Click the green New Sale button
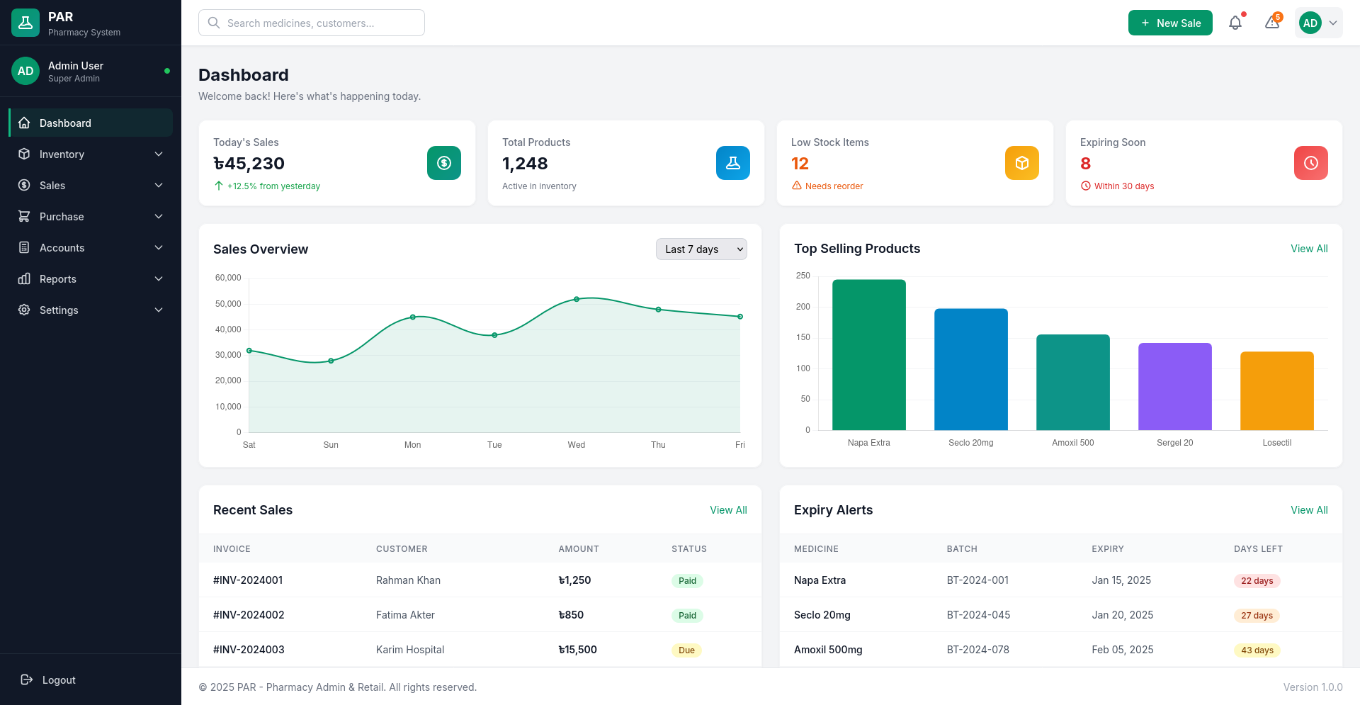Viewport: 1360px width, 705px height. [x=1169, y=23]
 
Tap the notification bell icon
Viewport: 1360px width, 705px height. [x=1235, y=23]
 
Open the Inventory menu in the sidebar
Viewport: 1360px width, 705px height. [x=91, y=154]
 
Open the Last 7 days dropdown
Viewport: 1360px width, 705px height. [x=701, y=249]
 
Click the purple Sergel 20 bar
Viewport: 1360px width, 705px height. [x=1174, y=386]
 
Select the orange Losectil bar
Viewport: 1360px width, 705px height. [x=1276, y=390]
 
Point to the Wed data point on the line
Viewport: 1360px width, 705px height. [x=577, y=299]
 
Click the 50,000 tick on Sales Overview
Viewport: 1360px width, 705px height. [x=228, y=304]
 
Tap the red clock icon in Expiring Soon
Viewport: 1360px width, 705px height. [x=1310, y=163]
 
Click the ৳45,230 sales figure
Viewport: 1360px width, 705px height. [x=249, y=164]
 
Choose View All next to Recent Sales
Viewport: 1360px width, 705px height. [x=728, y=510]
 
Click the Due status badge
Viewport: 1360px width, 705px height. [x=686, y=650]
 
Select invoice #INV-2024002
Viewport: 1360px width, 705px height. [x=249, y=615]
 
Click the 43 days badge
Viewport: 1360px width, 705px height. [x=1257, y=650]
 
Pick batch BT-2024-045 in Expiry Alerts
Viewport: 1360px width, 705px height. [x=978, y=615]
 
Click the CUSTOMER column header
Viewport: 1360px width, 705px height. [x=402, y=549]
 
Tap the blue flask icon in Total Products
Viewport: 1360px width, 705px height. [x=732, y=163]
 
